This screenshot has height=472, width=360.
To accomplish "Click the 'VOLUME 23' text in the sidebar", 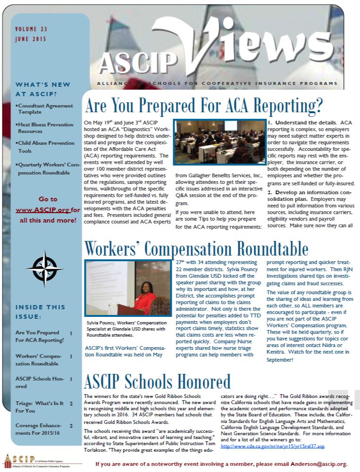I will point(32,29).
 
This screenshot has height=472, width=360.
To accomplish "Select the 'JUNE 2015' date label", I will point(31,39).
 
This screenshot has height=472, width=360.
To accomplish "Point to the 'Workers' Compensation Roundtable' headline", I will point(196,248).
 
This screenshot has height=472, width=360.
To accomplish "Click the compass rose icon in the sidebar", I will point(45,268).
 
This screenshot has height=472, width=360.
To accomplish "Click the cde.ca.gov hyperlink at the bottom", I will point(273,446).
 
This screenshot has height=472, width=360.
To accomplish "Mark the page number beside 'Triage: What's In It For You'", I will point(71,403).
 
